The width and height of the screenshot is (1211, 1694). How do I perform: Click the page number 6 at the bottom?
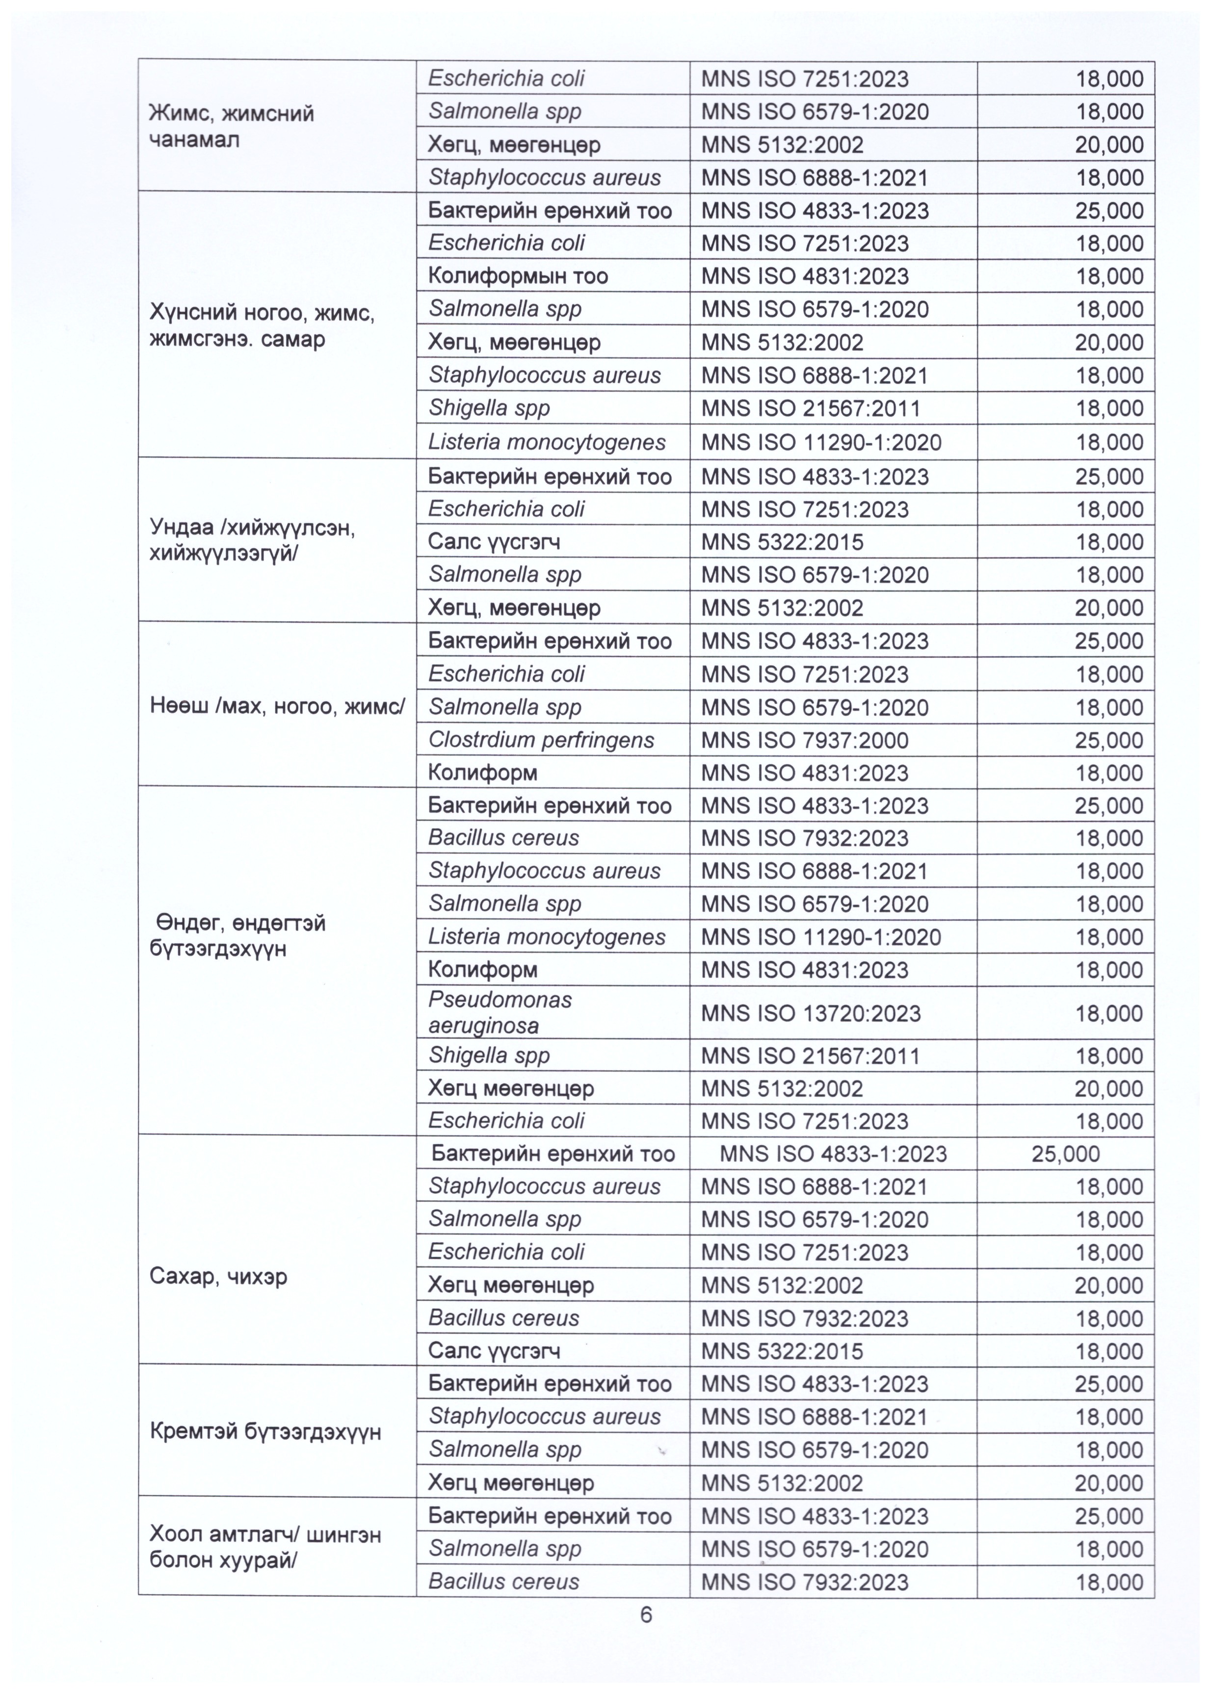pos(646,1614)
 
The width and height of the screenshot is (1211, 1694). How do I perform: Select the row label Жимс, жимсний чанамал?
pos(232,127)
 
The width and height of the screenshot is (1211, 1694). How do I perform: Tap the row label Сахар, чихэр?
pos(218,1276)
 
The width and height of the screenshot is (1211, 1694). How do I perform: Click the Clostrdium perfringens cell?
pos(541,740)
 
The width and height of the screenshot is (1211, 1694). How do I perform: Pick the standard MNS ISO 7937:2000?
pos(805,741)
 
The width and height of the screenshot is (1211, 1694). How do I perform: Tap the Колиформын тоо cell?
pos(518,276)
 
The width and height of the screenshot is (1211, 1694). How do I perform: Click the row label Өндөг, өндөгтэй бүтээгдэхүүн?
pos(238,936)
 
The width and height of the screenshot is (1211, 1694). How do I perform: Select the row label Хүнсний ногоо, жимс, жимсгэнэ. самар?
pos(262,326)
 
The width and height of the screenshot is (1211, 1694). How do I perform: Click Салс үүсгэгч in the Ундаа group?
pos(494,541)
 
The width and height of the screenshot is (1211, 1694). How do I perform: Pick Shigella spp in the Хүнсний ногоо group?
pos(488,408)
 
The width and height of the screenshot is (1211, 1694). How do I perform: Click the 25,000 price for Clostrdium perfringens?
pos(1109,741)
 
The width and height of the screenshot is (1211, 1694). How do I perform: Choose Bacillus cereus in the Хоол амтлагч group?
pos(503,1582)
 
